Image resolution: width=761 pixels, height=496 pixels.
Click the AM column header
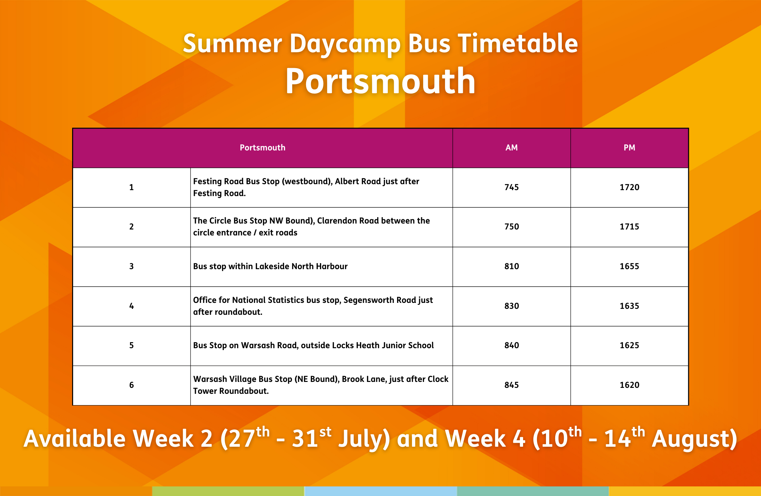[512, 147]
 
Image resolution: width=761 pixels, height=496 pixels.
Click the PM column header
[629, 147]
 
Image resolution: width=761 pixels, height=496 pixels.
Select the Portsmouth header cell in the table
[262, 147]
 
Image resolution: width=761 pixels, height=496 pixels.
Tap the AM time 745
[512, 187]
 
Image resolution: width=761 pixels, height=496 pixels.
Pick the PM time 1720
[629, 187]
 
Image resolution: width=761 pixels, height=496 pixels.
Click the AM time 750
[512, 227]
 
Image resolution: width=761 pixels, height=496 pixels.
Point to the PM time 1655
[629, 266]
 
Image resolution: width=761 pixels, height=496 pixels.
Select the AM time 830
[512, 306]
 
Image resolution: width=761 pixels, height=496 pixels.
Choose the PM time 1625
[629, 345]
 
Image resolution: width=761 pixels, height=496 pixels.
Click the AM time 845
[512, 385]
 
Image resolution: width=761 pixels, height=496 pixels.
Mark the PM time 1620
[629, 385]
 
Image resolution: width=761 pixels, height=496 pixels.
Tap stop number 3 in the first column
[131, 266]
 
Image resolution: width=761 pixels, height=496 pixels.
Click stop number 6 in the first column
[131, 385]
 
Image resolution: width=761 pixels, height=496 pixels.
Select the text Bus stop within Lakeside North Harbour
[270, 266]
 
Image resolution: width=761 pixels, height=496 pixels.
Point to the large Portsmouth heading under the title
[380, 81]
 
